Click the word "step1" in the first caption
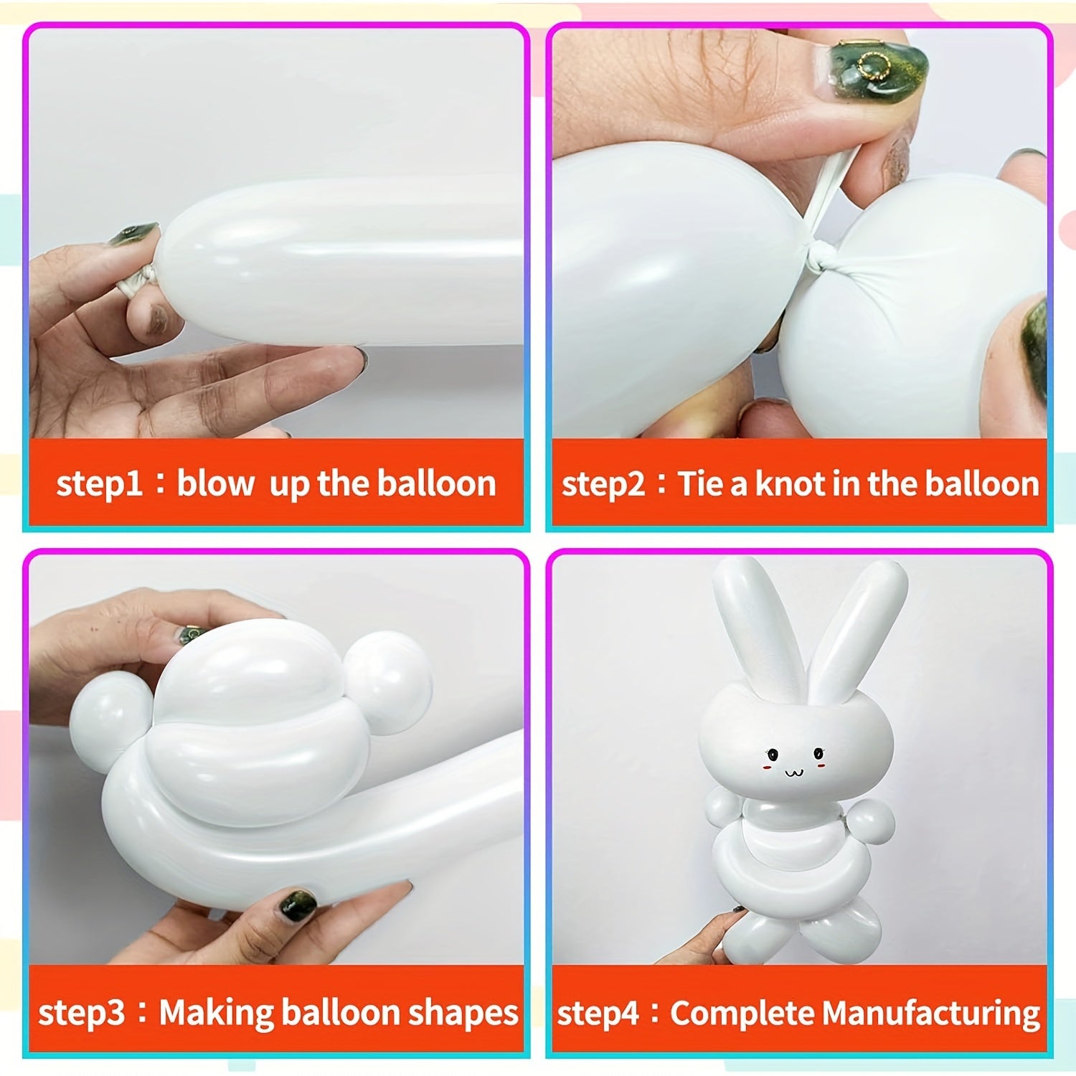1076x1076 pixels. click(100, 483)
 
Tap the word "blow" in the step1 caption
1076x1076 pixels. click(215, 483)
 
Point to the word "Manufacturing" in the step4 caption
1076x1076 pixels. click(930, 1014)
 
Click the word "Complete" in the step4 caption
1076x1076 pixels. click(742, 1014)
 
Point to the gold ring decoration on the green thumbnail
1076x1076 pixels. click(874, 65)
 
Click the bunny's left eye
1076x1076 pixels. click(773, 754)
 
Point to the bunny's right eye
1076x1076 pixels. click(818, 752)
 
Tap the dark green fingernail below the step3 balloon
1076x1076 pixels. click(297, 905)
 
